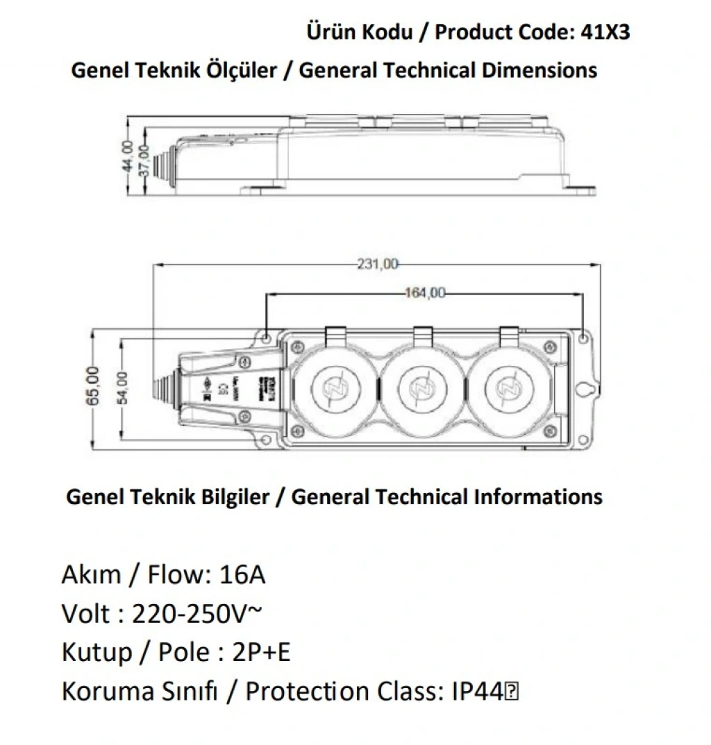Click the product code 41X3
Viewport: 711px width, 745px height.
(x=604, y=32)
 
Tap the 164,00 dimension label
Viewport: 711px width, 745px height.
(x=424, y=293)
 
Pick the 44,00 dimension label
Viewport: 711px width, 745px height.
(x=127, y=158)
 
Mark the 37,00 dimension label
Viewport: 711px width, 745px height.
(x=144, y=162)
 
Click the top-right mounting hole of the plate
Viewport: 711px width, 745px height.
(x=583, y=338)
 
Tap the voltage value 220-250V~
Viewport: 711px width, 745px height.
(x=196, y=614)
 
